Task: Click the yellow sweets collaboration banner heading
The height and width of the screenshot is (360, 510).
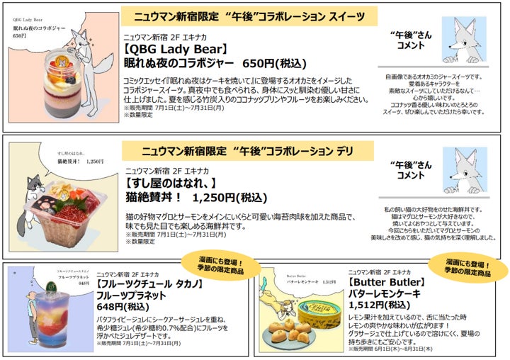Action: pyautogui.click(x=244, y=16)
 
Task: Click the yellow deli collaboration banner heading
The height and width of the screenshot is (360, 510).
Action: pyautogui.click(x=242, y=151)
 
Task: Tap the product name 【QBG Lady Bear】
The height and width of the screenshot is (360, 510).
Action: pyautogui.click(x=175, y=50)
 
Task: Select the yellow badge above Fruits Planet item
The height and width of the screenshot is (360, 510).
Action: pyautogui.click(x=215, y=264)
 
